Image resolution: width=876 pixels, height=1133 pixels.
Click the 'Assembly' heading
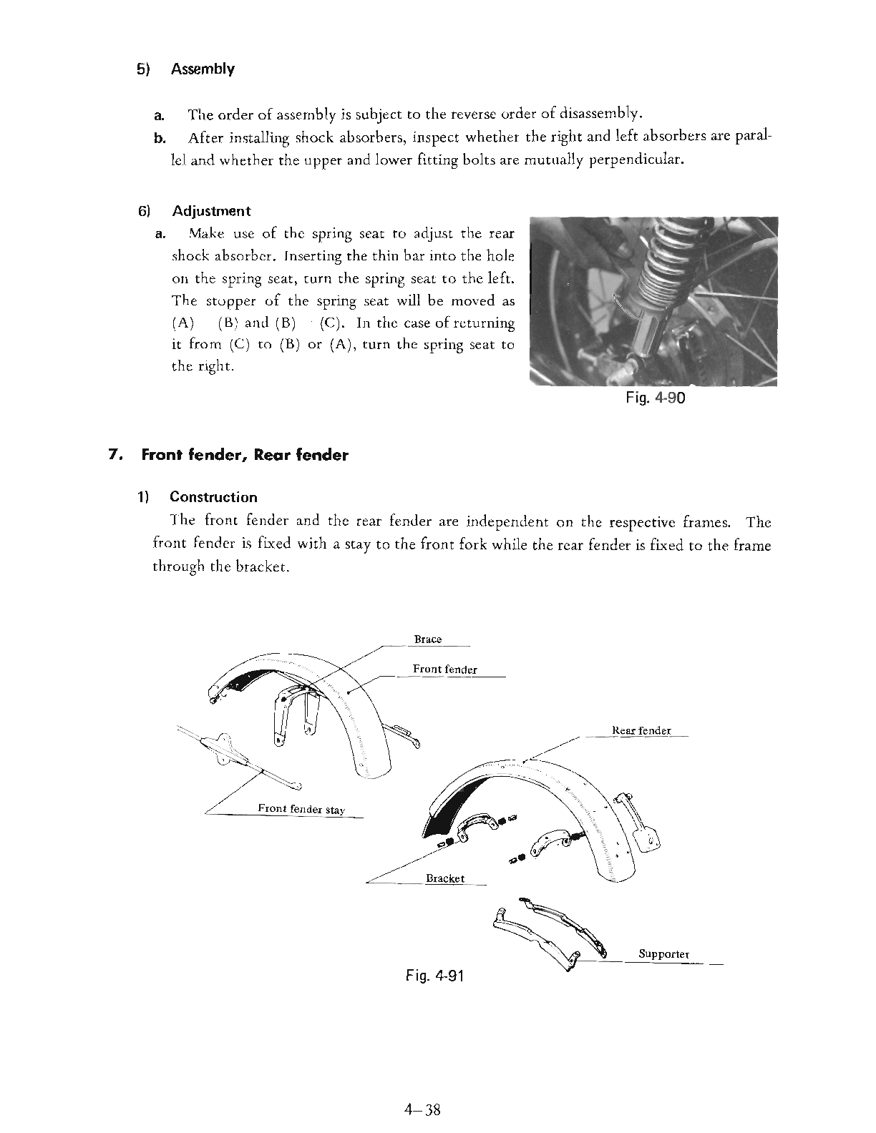tap(203, 69)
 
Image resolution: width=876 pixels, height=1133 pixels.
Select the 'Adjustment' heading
tap(211, 211)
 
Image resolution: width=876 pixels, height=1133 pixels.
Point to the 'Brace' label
tap(428, 639)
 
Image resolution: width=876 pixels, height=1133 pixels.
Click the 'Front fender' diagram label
tap(444, 669)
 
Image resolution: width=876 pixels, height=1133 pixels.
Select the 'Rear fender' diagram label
tap(642, 730)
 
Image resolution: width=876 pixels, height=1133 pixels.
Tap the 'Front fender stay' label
tap(301, 809)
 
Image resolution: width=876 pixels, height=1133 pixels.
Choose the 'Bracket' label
tap(445, 878)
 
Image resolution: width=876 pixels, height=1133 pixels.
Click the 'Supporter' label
tap(663, 954)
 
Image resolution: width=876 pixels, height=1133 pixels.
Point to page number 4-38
tap(422, 1110)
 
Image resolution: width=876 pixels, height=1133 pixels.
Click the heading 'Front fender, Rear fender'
tap(245, 455)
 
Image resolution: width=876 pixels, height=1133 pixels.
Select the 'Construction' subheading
tap(213, 497)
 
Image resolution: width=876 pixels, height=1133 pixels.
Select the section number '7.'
tap(112, 455)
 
